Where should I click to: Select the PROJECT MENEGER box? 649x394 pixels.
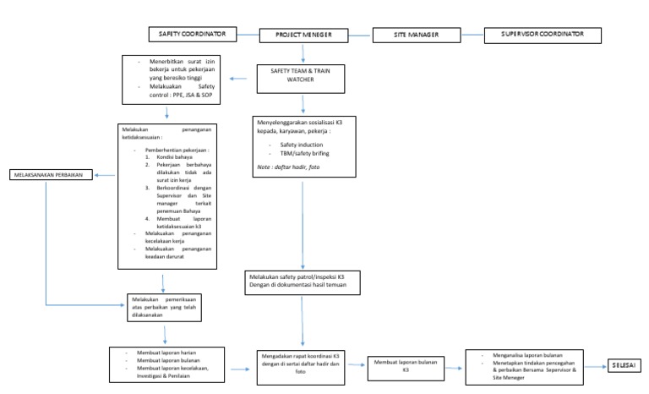303,36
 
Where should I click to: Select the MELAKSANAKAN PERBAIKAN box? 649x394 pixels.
49,175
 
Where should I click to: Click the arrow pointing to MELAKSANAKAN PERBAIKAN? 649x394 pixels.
104,175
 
